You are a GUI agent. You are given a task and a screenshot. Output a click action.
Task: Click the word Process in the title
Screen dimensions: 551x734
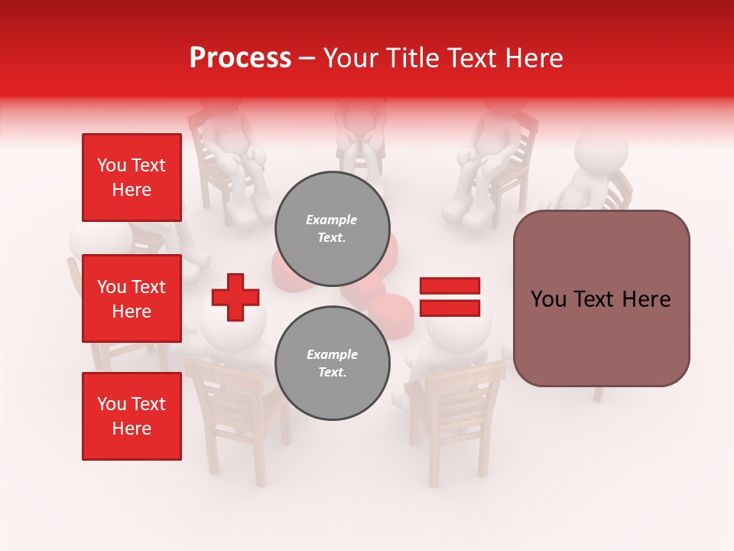point(240,58)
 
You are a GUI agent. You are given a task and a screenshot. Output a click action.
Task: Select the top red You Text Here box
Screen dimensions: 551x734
point(132,178)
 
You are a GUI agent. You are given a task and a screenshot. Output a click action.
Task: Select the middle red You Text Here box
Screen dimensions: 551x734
point(132,298)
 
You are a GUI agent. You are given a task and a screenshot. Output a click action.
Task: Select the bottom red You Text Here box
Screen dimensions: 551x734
point(132,416)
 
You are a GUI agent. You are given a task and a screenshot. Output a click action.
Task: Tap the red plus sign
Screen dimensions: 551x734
point(235,296)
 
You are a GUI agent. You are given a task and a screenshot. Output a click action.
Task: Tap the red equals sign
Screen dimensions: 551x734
point(450,297)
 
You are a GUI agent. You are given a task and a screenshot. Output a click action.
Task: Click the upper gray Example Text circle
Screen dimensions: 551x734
point(332,229)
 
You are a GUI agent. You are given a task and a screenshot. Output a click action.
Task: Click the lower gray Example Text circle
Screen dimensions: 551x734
point(332,364)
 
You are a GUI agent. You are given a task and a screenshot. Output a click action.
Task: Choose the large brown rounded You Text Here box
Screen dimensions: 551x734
point(601,298)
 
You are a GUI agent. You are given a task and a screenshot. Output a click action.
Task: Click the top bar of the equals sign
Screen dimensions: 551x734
point(450,286)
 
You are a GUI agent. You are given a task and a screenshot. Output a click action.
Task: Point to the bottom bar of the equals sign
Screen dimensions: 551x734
point(450,308)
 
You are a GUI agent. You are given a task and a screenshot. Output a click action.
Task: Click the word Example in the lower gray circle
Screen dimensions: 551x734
point(332,354)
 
